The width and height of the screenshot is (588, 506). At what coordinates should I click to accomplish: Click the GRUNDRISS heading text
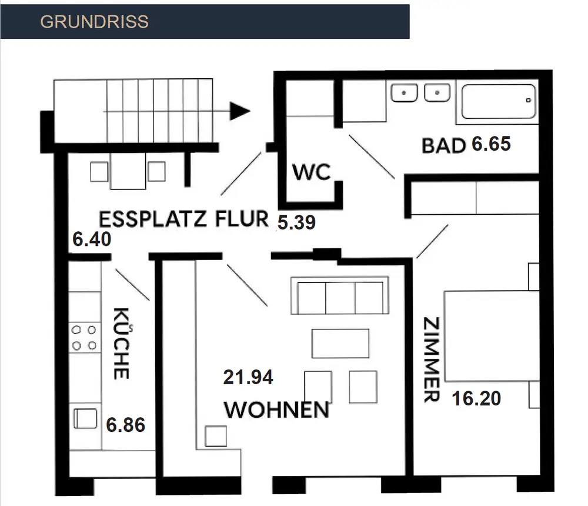94,22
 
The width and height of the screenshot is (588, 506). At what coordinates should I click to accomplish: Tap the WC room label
312,173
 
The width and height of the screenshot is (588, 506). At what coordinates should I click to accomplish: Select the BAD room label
444,145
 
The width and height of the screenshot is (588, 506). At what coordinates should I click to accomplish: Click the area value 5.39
297,222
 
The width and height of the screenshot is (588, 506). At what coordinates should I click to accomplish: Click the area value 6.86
126,424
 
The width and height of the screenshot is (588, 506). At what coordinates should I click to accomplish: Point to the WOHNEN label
276,410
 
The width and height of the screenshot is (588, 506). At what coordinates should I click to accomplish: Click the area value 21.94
248,377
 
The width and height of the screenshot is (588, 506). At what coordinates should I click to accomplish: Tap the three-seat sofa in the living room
340,298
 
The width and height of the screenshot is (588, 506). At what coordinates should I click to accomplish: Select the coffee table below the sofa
340,343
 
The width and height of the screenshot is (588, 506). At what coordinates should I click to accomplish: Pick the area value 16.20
476,399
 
